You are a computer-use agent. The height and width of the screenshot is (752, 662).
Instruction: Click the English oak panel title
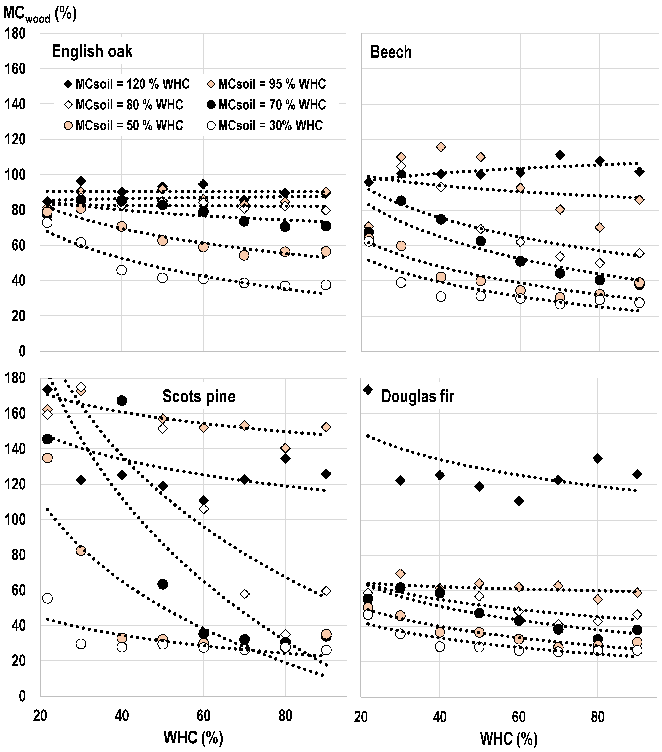click(92, 51)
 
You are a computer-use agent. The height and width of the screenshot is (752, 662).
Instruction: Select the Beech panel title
click(391, 52)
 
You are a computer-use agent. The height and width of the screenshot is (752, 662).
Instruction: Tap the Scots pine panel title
click(199, 396)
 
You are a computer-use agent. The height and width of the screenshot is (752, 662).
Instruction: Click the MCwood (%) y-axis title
click(40, 14)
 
